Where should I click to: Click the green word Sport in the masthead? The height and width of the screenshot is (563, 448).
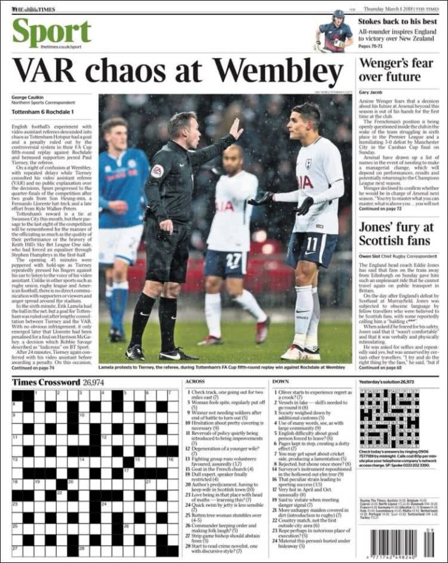[52, 32]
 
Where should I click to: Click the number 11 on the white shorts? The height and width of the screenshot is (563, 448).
[311, 244]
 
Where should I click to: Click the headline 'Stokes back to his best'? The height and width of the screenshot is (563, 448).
[397, 21]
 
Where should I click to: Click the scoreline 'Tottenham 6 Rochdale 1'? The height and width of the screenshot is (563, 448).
[43, 111]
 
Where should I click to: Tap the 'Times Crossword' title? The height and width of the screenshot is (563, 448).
[46, 382]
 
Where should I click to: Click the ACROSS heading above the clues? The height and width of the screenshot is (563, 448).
[195, 381]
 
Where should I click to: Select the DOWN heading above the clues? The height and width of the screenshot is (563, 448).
[280, 381]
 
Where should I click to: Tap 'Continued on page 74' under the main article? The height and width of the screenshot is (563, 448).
[33, 368]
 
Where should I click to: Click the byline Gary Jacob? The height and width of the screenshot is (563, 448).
[370, 92]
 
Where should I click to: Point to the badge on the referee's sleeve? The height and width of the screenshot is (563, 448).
[158, 171]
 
